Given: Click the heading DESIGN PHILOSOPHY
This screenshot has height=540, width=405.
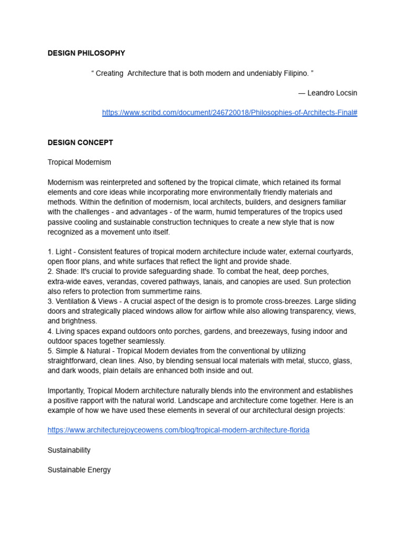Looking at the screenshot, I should point(86,53).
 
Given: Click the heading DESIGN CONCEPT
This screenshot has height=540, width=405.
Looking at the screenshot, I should point(80,142).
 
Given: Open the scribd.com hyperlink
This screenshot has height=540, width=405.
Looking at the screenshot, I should point(229,113).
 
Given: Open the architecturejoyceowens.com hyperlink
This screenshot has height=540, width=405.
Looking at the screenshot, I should point(178,430).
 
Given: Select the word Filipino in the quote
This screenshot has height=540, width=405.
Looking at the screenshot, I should point(294,73).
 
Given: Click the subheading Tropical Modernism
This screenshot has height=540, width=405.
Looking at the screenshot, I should point(79,162).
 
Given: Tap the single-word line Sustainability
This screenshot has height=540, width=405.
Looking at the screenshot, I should point(69,450).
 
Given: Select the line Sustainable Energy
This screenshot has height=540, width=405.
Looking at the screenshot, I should point(79,469).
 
